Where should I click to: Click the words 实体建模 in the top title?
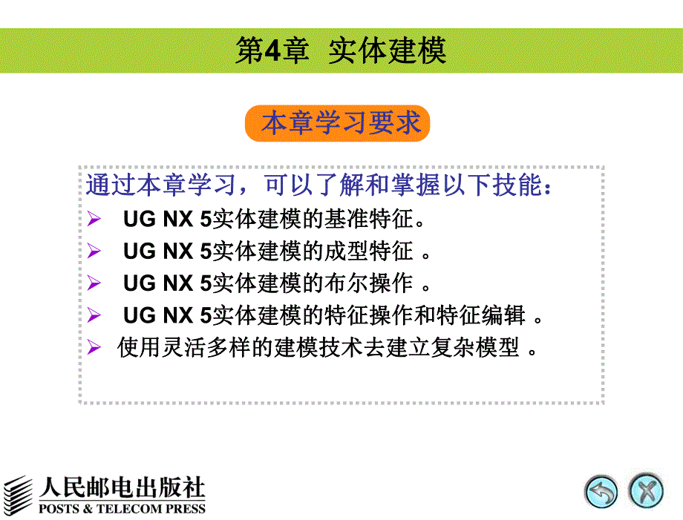click(387, 50)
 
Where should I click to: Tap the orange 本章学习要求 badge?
click(338, 123)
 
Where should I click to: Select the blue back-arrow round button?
click(601, 491)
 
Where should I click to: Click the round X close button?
click(645, 491)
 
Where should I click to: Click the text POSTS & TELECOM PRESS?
click(122, 509)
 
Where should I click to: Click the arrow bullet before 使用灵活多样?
click(94, 347)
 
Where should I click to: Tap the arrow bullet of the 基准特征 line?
click(94, 220)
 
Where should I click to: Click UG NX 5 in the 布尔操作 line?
click(168, 283)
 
